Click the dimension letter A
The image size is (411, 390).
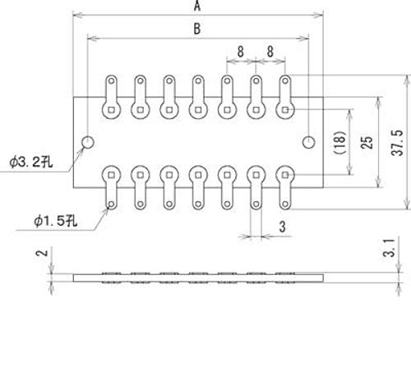coord(197,6)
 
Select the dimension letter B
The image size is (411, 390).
coord(197,29)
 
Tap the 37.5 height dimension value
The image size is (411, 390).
coord(397,143)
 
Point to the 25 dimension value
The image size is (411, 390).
coord(367,143)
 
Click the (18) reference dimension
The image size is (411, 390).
coord(340,143)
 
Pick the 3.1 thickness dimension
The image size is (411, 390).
coord(389,248)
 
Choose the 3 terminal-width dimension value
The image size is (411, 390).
coord(282,227)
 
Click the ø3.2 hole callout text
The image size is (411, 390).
coord(30,163)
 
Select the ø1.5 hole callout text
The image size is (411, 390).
coord(55,221)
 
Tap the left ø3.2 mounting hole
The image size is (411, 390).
coord(88,142)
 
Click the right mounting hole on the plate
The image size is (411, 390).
coord(309,142)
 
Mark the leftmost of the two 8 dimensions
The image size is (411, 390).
coord(240,52)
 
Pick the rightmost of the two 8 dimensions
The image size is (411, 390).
coord(270,52)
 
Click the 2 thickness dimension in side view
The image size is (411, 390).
coord(42,253)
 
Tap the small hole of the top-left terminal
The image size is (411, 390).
coord(111,80)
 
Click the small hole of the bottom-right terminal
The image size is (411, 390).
coord(285,204)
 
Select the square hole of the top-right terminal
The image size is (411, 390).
coord(285,110)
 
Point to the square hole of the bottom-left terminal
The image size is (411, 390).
coord(111,175)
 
